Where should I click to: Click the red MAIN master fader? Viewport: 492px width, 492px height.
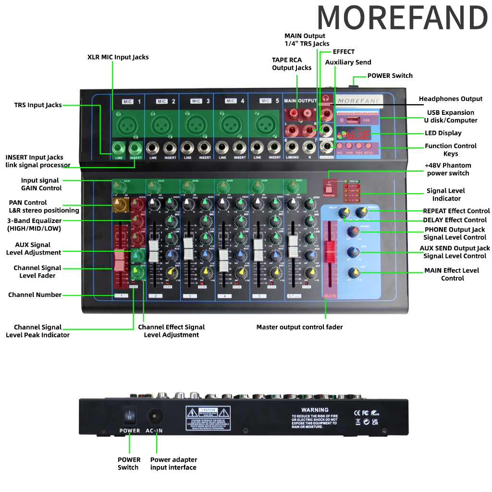point(330,252)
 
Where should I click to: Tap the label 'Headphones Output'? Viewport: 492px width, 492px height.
point(450,99)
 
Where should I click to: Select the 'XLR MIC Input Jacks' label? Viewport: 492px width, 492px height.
point(118,57)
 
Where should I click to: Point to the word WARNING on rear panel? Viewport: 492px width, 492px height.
point(315,410)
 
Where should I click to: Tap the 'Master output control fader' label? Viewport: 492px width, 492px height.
point(299,327)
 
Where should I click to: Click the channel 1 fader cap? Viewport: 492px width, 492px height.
point(119,261)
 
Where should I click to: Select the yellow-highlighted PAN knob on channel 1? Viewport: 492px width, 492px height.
point(119,205)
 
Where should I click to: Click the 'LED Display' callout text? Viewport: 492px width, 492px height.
point(443,133)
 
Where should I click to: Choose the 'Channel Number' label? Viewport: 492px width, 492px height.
point(35,295)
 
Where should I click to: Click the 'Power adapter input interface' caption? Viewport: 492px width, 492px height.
point(173,463)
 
